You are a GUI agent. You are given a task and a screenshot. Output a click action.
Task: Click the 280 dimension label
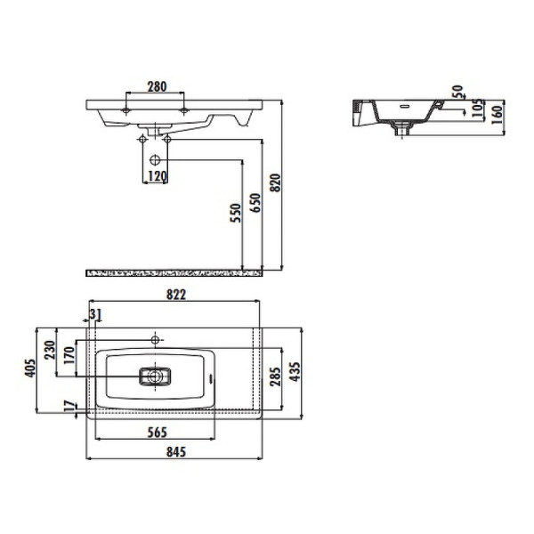[157, 86]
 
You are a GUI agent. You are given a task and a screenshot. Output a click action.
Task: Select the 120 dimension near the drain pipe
[157, 176]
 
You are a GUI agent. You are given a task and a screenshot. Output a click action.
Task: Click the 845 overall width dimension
[175, 452]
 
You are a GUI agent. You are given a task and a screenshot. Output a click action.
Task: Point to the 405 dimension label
[30, 367]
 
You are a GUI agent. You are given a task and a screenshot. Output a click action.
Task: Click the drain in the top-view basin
[156, 376]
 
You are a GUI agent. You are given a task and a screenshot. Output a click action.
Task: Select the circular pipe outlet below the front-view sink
[157, 160]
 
